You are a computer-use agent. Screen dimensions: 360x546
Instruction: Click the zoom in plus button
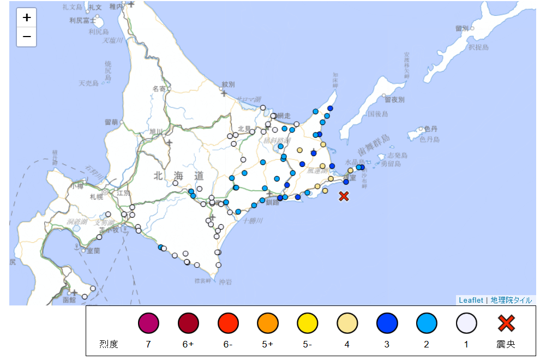point(26,17)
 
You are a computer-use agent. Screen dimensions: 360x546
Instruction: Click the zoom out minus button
point(26,37)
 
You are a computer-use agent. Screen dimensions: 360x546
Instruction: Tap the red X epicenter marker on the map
point(344,196)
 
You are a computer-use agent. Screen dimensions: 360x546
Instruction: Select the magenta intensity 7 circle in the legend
point(148,323)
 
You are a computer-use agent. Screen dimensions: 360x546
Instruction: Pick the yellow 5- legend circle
point(307,323)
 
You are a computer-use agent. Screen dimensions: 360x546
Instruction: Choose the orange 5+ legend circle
point(267,323)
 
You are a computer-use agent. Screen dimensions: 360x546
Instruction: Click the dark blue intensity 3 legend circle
point(387,323)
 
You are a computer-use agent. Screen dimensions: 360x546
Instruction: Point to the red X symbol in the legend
point(506,323)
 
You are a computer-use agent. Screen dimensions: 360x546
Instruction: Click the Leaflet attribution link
point(470,300)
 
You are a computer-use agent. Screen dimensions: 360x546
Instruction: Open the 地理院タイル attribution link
point(511,300)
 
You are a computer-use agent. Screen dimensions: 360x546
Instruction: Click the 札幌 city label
point(97,196)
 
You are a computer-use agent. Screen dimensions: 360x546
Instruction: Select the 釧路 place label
point(273,202)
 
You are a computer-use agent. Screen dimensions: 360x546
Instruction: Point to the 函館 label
point(69,300)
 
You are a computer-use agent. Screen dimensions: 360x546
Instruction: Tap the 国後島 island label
point(377,114)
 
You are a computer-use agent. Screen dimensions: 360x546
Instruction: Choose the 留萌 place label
point(111,122)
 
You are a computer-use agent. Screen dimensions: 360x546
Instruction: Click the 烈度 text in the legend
point(108,345)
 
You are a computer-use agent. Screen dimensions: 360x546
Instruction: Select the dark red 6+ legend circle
point(188,323)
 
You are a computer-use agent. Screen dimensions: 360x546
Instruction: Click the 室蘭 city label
point(93,251)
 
